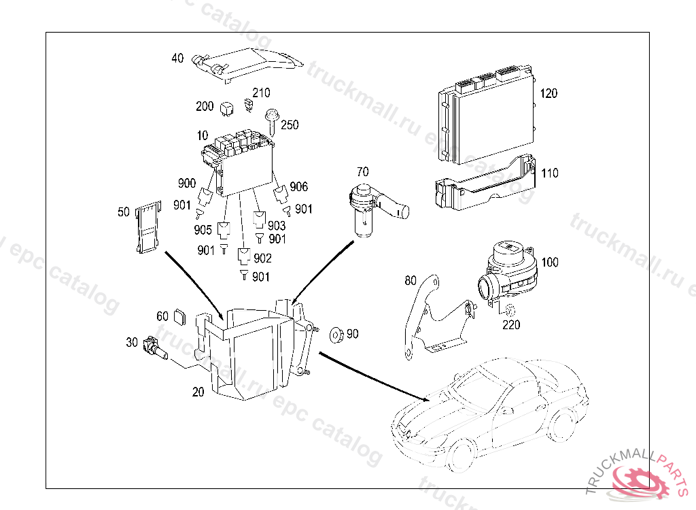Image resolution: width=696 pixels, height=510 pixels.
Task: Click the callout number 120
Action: click(x=549, y=93)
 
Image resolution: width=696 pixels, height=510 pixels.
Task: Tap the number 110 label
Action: click(x=549, y=173)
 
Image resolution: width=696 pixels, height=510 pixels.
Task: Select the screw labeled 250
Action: click(x=273, y=120)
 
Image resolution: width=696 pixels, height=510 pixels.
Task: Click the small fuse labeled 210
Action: click(x=249, y=105)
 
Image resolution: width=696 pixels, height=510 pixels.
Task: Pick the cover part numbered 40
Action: click(x=248, y=63)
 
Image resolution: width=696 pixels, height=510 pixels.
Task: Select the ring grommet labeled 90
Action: click(x=334, y=335)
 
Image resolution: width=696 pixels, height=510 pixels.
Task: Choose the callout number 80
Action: click(x=410, y=280)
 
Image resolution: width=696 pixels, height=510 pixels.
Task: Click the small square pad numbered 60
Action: click(x=180, y=316)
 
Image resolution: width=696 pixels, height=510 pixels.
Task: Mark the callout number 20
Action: click(x=198, y=392)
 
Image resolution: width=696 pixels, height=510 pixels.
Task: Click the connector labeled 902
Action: click(x=243, y=257)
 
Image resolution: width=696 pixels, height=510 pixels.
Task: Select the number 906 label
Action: click(x=298, y=187)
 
